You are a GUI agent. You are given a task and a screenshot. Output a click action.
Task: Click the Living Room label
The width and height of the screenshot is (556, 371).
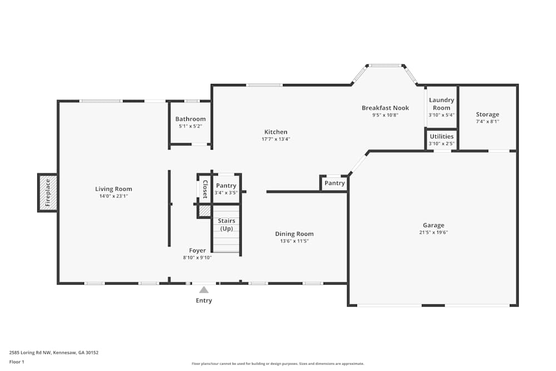point(113,189)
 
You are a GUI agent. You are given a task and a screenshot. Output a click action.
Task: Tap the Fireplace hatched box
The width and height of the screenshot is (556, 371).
point(48,192)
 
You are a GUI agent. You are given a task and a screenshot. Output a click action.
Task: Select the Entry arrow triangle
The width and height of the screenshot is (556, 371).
point(204,289)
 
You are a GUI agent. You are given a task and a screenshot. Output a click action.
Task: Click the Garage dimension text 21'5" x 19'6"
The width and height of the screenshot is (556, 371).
point(433,233)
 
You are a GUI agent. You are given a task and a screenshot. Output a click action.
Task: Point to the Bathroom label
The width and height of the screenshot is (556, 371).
point(190,119)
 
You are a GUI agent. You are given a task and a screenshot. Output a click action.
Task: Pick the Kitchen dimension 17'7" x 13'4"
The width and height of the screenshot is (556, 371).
point(276,139)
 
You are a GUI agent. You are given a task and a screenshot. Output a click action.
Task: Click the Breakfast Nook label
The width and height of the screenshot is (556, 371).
point(385,108)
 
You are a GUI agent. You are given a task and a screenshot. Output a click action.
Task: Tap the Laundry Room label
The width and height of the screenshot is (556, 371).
point(441,104)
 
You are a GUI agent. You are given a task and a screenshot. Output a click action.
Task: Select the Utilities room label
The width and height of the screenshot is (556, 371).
point(441,136)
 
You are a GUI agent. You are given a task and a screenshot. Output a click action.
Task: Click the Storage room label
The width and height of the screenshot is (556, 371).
point(487,115)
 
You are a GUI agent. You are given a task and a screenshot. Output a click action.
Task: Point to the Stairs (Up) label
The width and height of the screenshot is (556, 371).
point(226,225)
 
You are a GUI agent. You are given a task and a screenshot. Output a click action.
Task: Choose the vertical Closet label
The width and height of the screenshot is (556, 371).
point(205,189)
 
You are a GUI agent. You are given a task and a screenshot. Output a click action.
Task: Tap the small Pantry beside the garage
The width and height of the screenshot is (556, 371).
point(335,183)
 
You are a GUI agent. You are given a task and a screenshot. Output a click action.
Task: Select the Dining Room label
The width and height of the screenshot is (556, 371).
point(294,234)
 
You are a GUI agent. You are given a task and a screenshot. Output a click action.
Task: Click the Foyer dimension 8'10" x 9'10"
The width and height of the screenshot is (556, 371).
point(197,257)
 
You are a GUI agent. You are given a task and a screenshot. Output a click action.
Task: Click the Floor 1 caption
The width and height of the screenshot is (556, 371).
point(17,362)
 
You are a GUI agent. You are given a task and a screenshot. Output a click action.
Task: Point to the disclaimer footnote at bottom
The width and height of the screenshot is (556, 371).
point(278,364)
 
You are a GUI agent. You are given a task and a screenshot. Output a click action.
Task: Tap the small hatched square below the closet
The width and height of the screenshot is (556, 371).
point(205,211)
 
